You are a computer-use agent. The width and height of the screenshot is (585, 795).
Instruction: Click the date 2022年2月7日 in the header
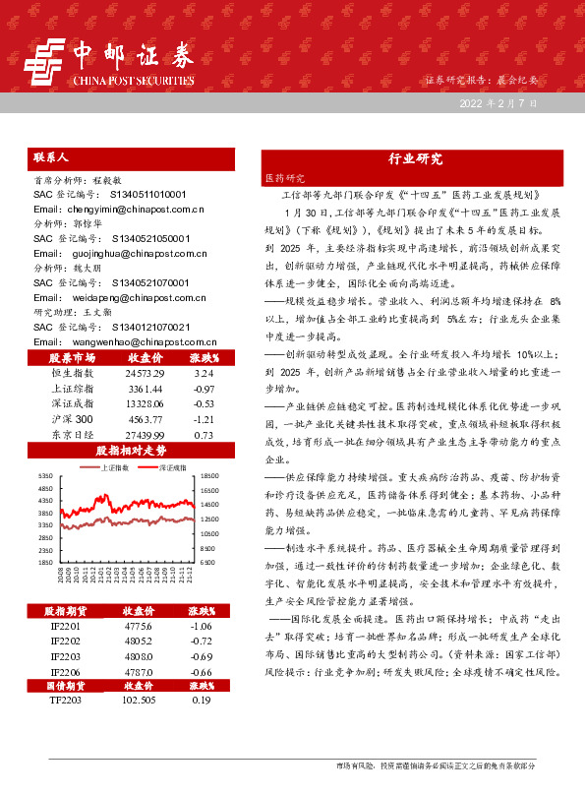click(x=497, y=102)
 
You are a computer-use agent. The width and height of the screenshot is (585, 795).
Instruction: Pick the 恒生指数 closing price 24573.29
click(x=145, y=401)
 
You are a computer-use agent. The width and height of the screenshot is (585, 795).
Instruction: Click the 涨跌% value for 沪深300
click(x=204, y=446)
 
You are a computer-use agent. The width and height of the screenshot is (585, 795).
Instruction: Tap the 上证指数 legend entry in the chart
click(x=116, y=467)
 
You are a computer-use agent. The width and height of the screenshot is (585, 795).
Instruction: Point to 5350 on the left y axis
click(x=45, y=475)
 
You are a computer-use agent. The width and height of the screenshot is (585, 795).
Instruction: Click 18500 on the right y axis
click(x=207, y=475)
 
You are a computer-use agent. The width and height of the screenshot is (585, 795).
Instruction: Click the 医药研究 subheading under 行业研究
click(x=285, y=179)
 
